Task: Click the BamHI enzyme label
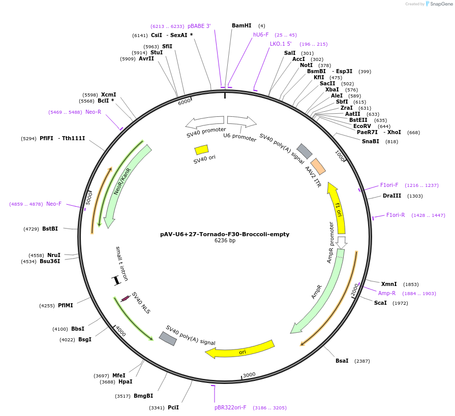click(x=241, y=25)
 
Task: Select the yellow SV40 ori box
click(x=201, y=149)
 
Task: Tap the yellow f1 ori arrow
click(x=337, y=208)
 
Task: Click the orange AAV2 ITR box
click(x=318, y=166)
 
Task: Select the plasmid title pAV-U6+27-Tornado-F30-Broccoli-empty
click(x=225, y=234)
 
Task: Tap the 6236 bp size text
click(x=225, y=241)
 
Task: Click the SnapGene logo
click(x=440, y=4)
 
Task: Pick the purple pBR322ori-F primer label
click(x=230, y=407)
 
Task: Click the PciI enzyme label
click(x=173, y=407)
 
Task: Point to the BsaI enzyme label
click(x=342, y=361)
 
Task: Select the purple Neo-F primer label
click(x=54, y=204)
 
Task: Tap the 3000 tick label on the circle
click(x=249, y=375)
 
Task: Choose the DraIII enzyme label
click(x=391, y=196)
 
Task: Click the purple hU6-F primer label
click(x=261, y=35)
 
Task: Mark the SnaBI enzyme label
click(x=371, y=141)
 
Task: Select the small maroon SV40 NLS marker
click(x=125, y=298)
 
